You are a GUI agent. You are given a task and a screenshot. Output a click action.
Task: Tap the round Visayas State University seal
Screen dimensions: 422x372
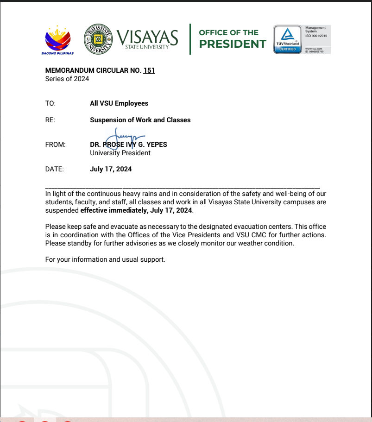98,39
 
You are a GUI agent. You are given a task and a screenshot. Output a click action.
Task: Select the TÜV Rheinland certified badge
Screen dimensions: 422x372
287,39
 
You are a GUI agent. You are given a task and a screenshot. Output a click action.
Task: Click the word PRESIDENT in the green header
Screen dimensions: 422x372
233,44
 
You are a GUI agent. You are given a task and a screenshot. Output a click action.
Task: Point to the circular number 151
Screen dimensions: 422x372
149,70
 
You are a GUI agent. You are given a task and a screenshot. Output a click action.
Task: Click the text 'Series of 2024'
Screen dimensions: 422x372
67,79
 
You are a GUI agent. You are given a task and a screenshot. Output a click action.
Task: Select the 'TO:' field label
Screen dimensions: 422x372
50,103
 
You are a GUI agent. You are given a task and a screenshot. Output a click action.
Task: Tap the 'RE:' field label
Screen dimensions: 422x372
50,120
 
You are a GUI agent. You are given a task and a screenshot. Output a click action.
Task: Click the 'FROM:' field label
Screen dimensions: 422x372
55,145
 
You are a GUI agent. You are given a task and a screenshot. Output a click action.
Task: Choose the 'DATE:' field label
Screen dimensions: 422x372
54,169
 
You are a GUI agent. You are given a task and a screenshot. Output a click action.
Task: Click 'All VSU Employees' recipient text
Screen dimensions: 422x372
119,103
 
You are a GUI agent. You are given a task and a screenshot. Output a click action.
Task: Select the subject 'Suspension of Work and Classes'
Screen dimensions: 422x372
140,120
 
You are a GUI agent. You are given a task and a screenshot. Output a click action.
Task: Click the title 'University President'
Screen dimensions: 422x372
120,153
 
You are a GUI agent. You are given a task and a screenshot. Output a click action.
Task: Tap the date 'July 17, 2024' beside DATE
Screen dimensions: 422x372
111,169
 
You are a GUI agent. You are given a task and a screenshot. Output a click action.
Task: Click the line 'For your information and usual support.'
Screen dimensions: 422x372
105,259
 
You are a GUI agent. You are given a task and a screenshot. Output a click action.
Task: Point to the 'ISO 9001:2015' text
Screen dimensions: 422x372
316,36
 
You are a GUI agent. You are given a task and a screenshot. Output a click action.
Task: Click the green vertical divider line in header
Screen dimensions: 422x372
190,39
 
